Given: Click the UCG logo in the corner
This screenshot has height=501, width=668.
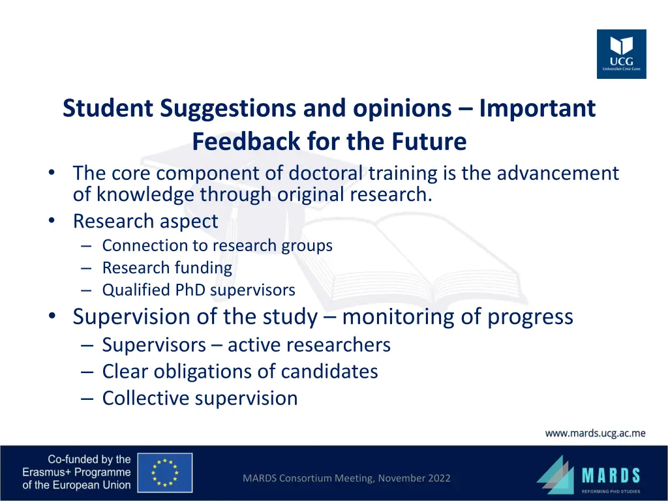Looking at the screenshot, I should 621,54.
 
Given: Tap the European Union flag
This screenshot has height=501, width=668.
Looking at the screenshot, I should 165,472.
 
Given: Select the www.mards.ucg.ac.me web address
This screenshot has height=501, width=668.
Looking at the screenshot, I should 595,433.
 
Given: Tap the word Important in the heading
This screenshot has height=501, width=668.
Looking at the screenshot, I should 537,108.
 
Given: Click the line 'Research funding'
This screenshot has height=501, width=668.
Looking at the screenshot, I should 166,268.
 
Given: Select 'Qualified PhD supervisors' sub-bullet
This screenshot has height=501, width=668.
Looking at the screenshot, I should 198,290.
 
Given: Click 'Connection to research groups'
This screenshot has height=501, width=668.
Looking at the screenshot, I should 217,246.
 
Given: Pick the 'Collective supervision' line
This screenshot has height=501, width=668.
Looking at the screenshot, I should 200,398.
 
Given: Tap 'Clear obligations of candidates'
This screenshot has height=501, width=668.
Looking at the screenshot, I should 239,371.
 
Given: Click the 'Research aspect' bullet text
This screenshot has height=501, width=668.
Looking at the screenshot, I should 145,221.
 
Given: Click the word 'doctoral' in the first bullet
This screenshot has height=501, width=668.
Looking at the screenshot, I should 326,174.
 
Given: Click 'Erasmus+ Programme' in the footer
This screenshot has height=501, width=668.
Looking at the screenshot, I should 76,472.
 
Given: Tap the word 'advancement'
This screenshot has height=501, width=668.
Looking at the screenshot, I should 557,174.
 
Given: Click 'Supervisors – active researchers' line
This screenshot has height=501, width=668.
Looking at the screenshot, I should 246,344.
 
